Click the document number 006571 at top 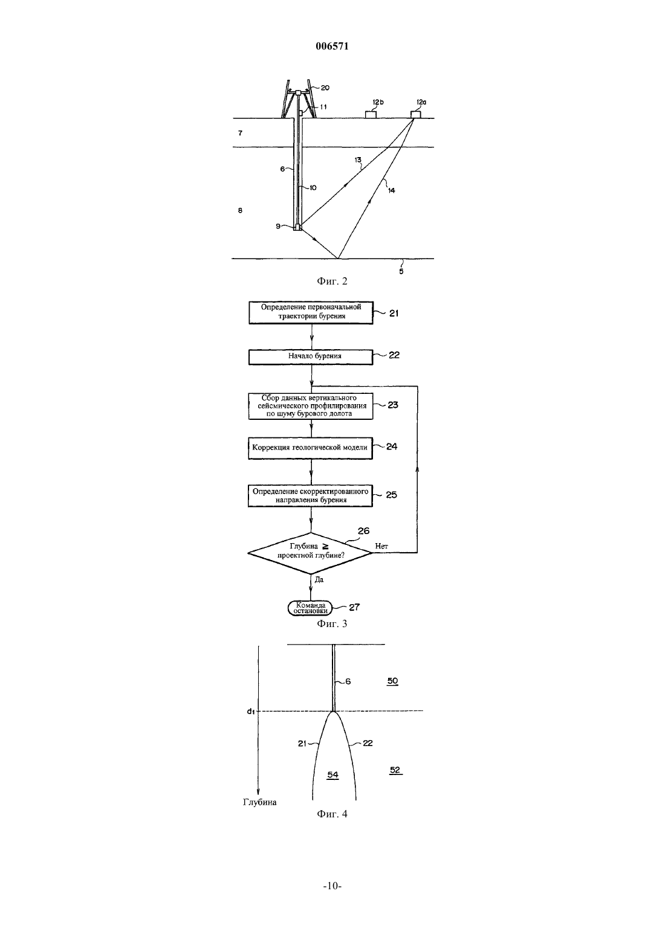point(332,46)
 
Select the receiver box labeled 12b point(371,115)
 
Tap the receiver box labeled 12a point(416,115)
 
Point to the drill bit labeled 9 point(297,227)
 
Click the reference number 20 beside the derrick point(325,88)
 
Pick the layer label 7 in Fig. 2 point(240,133)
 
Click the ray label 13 point(358,160)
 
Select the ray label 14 point(391,190)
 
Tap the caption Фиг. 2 point(332,281)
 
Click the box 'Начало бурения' point(311,357)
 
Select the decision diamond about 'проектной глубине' point(310,553)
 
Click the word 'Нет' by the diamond point(381,546)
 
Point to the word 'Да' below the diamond point(319,579)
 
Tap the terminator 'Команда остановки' point(310,608)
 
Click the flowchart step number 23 point(393,405)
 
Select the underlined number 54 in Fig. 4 point(333,774)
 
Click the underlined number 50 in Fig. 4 point(392,681)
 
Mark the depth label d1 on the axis point(251,711)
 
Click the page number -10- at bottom point(332,886)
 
